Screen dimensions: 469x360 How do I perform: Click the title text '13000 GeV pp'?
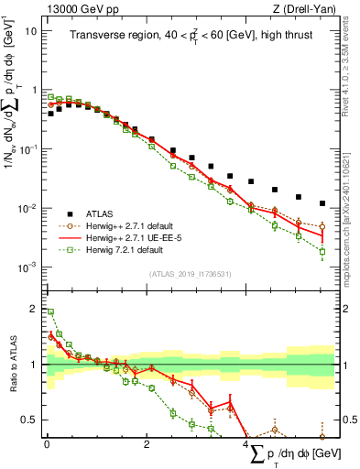point(74,9)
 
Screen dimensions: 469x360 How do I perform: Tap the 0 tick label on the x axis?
point(47,444)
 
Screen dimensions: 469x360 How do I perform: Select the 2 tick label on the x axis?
point(147,444)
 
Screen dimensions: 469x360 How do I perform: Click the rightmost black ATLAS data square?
point(322,203)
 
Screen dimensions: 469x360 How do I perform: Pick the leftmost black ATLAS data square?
point(50,114)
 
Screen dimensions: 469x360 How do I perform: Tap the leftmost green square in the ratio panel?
point(50,312)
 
